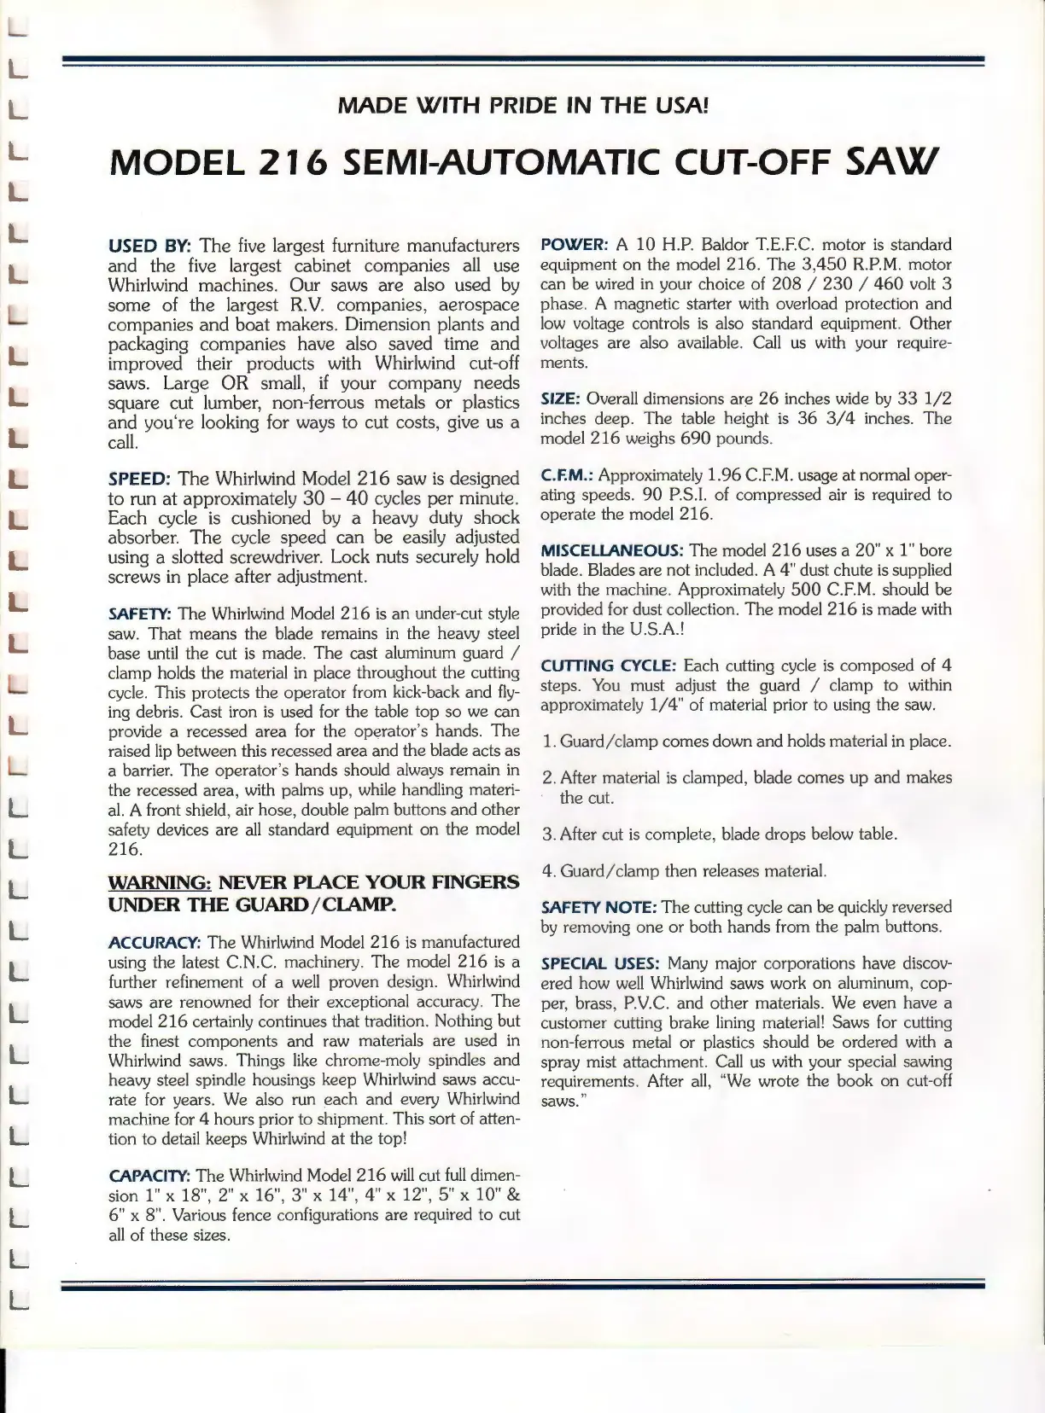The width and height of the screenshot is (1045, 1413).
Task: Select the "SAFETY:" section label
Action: point(140,613)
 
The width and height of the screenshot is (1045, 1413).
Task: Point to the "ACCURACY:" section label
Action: point(155,942)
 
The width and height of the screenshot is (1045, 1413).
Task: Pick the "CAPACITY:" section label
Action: point(149,1175)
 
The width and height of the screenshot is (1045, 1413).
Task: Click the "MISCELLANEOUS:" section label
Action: point(611,550)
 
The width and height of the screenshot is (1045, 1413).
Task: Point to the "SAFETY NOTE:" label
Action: point(598,907)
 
